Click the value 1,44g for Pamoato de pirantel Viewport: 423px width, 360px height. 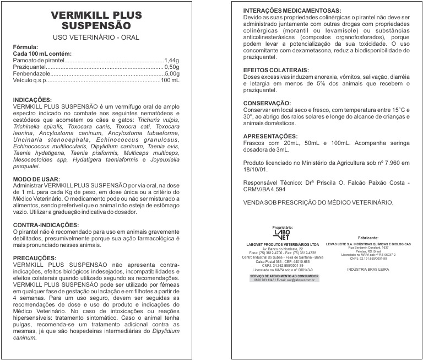(x=172, y=60)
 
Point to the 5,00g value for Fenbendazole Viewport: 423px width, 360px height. (x=172, y=73)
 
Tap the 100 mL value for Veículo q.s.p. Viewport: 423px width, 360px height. (x=170, y=80)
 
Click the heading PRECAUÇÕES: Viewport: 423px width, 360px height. (x=34, y=258)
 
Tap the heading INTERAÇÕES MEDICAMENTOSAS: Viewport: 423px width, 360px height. (x=292, y=11)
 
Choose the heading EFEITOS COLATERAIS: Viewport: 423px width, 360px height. (x=275, y=70)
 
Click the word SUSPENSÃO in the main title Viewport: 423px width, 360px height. (x=96, y=26)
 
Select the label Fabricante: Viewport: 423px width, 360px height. (x=367, y=237)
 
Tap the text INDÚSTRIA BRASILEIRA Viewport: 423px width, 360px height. (x=368, y=269)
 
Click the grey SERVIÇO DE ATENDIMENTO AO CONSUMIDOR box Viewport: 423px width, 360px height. (x=281, y=277)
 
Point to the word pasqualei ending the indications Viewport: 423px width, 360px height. (x=26, y=166)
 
